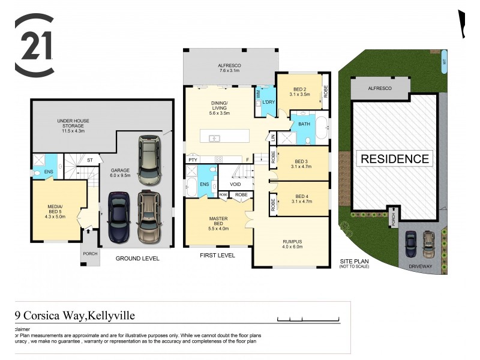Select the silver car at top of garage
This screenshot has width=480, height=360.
click(149, 160)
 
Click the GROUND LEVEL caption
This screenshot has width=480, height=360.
click(137, 259)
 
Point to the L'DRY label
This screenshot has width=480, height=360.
click(268, 103)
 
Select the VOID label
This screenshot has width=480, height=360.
click(235, 184)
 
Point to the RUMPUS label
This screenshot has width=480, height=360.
click(292, 245)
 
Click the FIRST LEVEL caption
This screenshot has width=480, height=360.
click(217, 255)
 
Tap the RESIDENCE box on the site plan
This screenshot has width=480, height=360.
click(395, 159)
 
